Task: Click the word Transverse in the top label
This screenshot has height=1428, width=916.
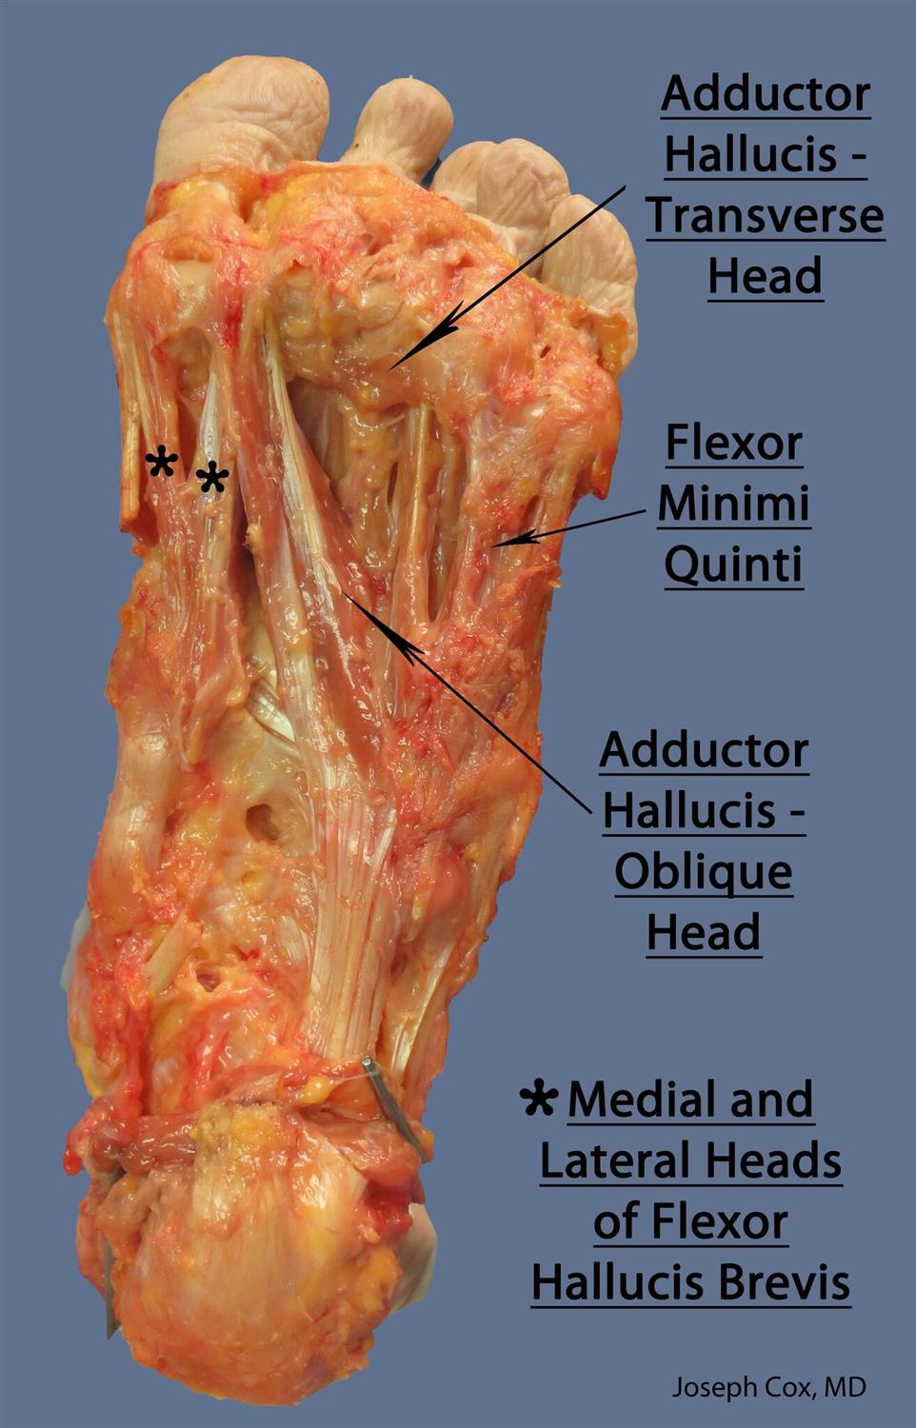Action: click(x=766, y=216)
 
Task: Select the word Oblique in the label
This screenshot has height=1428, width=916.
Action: click(x=704, y=872)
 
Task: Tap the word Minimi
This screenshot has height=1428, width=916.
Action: click(x=733, y=504)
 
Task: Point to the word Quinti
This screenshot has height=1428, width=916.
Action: click(x=733, y=565)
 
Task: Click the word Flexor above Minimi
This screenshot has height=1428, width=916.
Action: click(x=733, y=443)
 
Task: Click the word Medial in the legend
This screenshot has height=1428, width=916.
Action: click(x=642, y=1101)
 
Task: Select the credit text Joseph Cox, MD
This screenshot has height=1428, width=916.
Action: click(x=769, y=1387)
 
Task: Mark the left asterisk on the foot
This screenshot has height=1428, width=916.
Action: click(x=162, y=465)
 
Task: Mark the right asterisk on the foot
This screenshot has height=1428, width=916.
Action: click(x=212, y=477)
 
